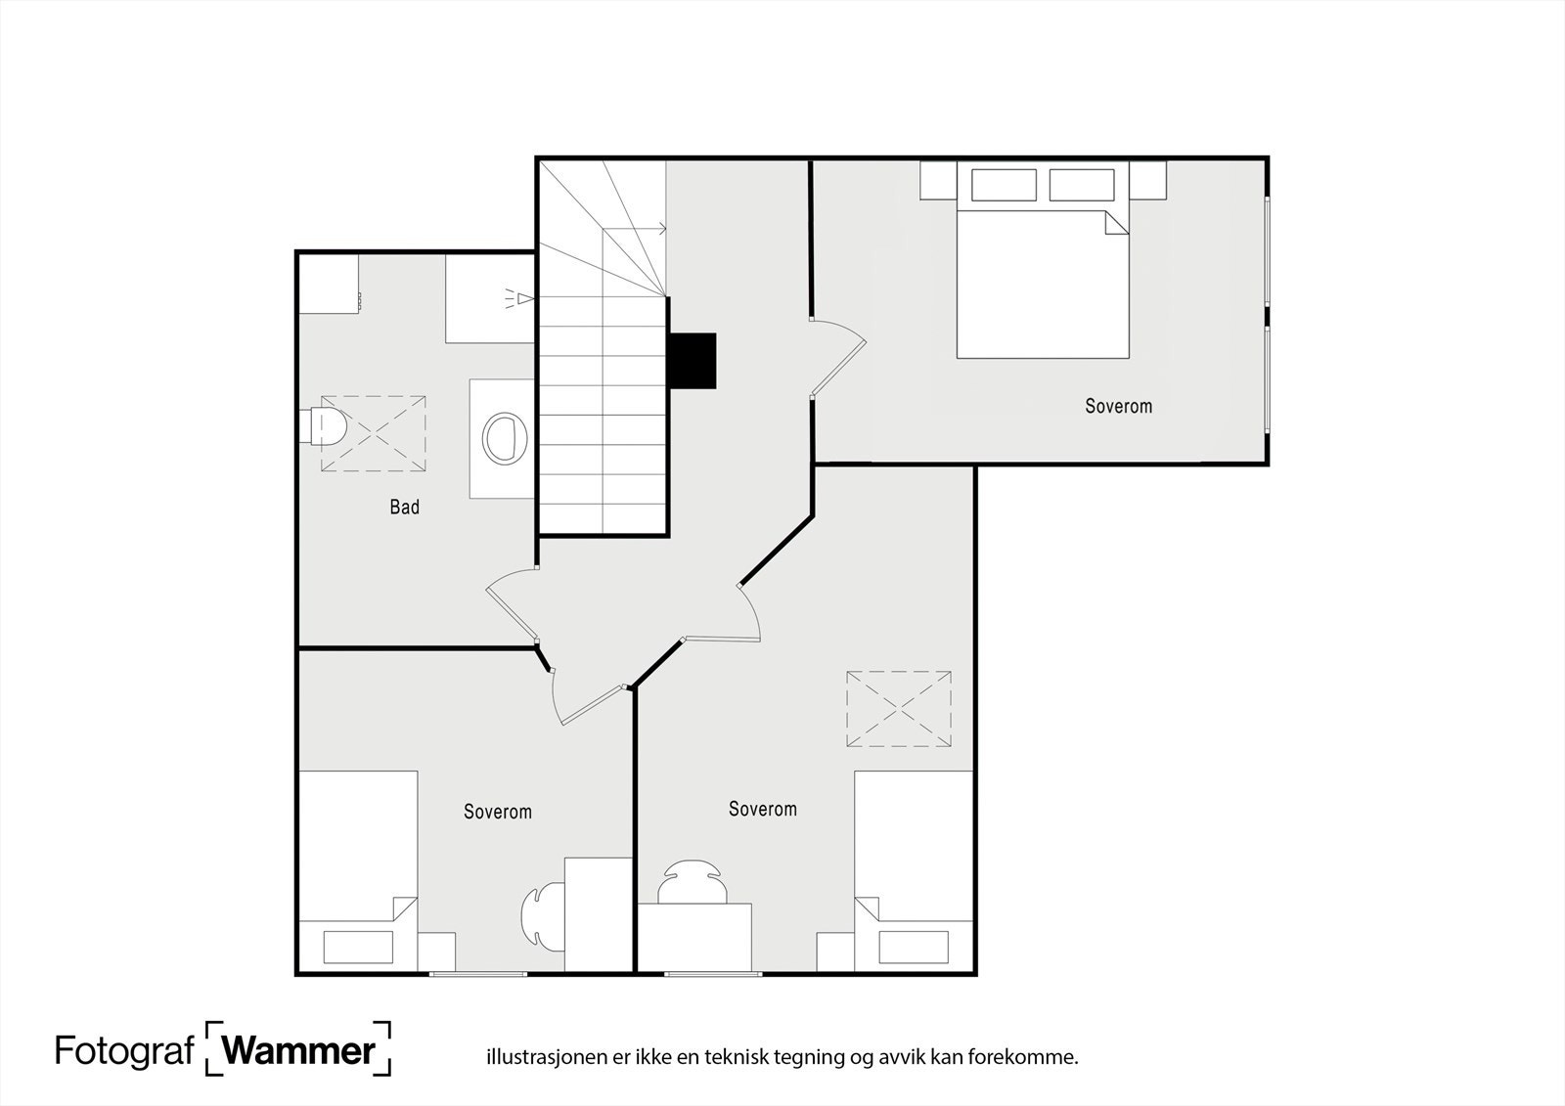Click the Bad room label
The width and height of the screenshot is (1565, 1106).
405,507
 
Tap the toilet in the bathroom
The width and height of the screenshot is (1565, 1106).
324,426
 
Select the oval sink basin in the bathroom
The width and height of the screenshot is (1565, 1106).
505,439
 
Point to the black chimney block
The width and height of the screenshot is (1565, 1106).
693,361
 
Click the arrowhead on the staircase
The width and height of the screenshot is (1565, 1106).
662,229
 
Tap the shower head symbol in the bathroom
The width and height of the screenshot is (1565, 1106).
519,299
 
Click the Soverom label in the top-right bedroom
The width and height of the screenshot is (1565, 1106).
1119,406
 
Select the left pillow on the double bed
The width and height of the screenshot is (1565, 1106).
1004,185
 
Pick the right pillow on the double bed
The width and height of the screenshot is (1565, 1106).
1082,185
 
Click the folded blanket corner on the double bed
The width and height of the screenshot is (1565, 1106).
1116,223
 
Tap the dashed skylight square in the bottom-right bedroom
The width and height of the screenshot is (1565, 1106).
899,708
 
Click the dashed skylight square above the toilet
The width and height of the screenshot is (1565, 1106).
373,433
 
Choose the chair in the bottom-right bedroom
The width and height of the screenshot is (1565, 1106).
692,882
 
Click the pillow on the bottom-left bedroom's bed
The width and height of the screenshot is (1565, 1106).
358,947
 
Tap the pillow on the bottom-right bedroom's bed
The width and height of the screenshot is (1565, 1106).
914,947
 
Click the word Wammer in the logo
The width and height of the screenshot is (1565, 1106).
299,1050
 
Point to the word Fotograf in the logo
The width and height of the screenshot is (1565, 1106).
124,1051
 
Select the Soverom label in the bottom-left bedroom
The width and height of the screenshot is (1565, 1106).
498,811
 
